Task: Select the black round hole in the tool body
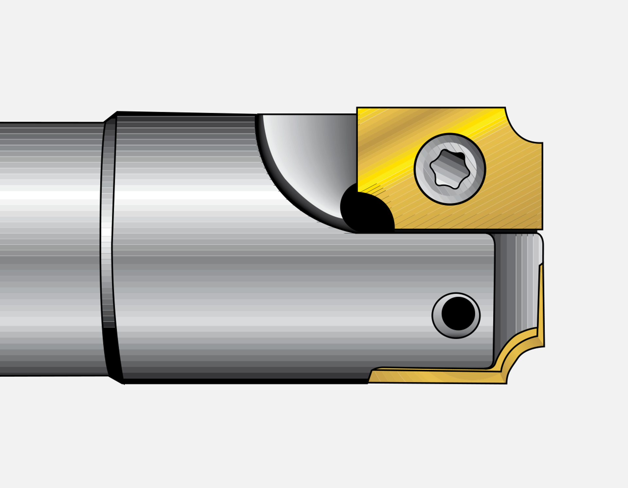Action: pyautogui.click(x=458, y=313)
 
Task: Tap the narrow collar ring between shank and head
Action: pyautogui.click(x=107, y=248)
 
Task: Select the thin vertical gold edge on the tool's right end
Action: pyautogui.click(x=541, y=301)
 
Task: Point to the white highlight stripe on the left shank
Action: pyautogui.click(x=49, y=195)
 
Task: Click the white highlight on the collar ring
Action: pyautogui.click(x=106, y=232)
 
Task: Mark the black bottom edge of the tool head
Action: pyautogui.click(x=245, y=381)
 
